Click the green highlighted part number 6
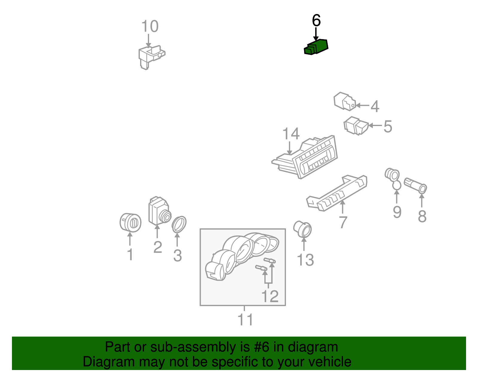316,47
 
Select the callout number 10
150,26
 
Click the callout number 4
375,106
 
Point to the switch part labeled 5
356,125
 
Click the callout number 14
291,133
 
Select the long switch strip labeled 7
337,193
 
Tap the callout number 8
422,216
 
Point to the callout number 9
397,212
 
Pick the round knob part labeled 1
131,223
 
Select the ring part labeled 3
179,224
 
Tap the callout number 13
305,260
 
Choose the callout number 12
270,296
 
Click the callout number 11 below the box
245,319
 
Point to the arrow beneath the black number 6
316,34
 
